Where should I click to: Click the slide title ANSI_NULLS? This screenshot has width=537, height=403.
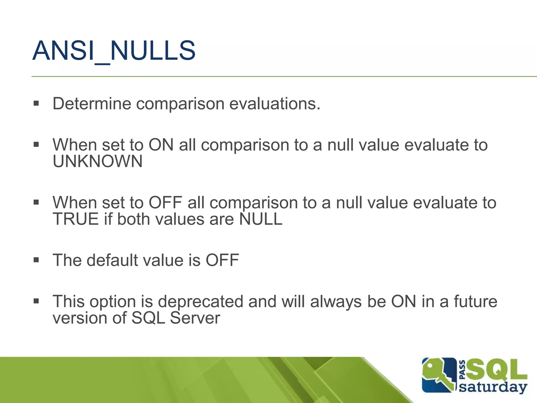[x=114, y=51]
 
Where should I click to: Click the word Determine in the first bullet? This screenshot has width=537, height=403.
[x=92, y=104]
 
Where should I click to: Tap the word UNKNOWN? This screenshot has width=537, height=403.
[x=98, y=161]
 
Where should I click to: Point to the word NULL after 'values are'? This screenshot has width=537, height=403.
[x=261, y=219]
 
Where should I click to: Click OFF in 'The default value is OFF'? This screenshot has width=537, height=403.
[x=222, y=260]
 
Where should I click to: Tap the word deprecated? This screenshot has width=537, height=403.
[x=200, y=301]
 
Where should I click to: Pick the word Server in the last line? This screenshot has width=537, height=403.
[x=195, y=318]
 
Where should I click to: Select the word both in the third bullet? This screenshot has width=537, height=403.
[x=133, y=219]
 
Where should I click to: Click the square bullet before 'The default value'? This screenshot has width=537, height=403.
[x=36, y=260]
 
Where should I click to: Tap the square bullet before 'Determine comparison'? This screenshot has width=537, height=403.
[x=36, y=103]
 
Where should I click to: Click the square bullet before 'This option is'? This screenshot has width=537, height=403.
[x=36, y=301]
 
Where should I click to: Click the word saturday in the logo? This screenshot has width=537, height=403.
[x=493, y=388]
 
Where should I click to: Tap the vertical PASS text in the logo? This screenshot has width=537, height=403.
[x=463, y=370]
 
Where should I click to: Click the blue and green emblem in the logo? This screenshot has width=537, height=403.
[x=438, y=375]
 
